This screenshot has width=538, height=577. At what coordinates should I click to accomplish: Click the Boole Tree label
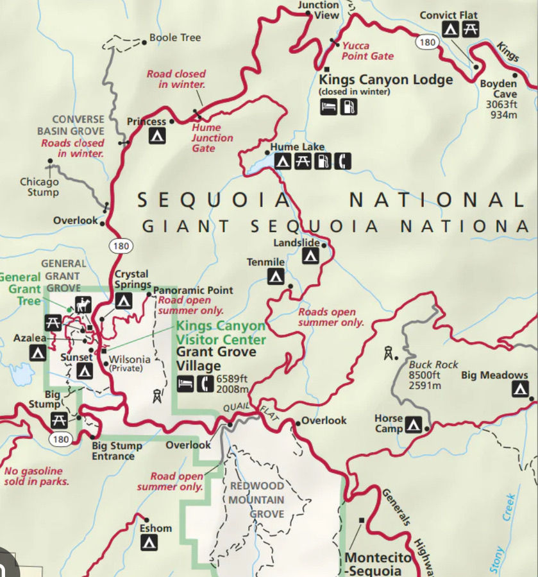tap(174, 38)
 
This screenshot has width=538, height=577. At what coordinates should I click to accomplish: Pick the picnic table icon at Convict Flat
tap(471, 29)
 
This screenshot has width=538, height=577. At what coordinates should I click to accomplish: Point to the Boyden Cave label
tap(498, 89)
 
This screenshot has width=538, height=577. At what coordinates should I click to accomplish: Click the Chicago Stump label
tap(38, 187)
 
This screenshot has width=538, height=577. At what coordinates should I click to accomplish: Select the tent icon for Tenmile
tap(276, 277)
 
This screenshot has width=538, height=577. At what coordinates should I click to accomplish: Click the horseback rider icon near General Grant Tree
tap(82, 304)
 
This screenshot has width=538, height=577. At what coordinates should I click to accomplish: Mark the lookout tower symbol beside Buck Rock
tap(388, 352)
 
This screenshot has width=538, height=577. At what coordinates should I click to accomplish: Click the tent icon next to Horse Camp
tap(414, 424)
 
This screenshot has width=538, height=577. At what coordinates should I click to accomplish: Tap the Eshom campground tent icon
tap(149, 542)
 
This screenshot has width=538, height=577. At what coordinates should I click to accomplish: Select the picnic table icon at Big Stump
tap(59, 420)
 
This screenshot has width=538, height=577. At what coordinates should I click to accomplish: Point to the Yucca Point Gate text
tap(367, 51)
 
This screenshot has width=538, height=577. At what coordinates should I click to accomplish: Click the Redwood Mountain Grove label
tap(256, 499)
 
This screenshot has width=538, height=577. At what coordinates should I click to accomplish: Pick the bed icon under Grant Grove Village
tap(185, 383)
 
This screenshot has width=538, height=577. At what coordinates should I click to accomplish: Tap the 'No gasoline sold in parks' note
tap(36, 476)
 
